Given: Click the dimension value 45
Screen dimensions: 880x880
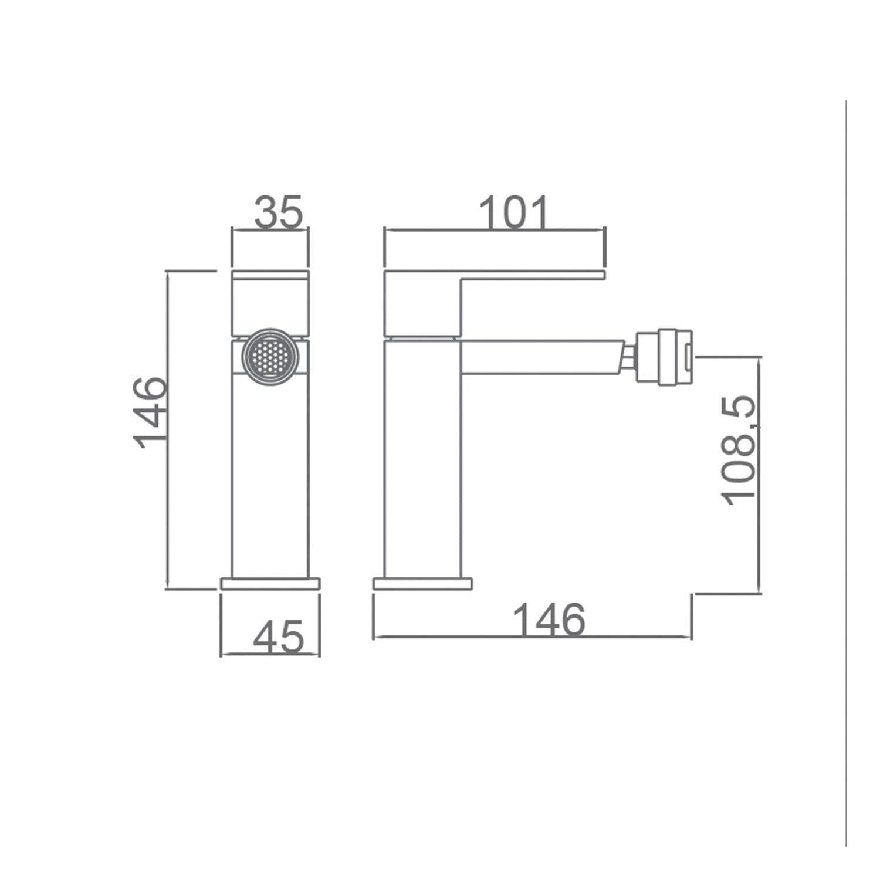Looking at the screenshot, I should pos(279,637).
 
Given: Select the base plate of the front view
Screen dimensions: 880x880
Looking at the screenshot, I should pos(270,583).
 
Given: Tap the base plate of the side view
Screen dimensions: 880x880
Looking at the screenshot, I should pos(423,584).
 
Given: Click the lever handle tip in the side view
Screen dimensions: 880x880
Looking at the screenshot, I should pos(593,275).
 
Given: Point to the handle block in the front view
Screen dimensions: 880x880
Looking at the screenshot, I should pos(270,303).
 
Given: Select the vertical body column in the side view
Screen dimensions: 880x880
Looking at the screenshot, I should pos(422,458).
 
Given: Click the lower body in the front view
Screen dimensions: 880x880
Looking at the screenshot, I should pos(270,475).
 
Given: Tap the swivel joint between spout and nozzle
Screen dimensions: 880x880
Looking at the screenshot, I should pos(630,357).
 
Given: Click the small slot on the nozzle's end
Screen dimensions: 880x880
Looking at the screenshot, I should pos(688,357).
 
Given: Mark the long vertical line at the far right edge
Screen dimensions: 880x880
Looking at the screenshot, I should pos(846,469).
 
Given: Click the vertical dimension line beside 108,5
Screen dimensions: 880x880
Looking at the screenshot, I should pos(760,475).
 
